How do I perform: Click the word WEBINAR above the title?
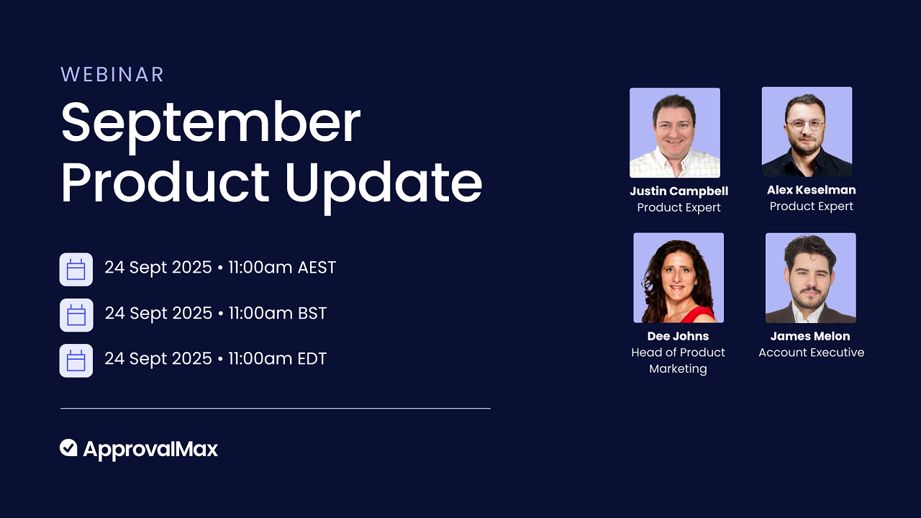(112, 74)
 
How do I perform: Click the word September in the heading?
(210, 123)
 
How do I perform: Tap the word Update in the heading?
(383, 183)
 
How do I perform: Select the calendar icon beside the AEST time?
(76, 270)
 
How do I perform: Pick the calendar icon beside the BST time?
(76, 315)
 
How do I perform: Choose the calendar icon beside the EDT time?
(76, 360)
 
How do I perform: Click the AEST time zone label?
(317, 268)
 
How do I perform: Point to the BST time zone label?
(312, 314)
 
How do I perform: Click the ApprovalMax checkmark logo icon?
(68, 448)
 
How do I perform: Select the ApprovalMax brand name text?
(150, 450)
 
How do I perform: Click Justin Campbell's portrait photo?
(674, 132)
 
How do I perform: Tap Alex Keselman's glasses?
(805, 124)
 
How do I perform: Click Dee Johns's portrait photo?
(678, 278)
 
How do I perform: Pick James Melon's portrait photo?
(810, 278)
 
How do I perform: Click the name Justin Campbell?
(679, 191)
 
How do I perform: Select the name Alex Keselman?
(811, 190)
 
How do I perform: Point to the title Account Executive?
(811, 353)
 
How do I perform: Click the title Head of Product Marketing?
(678, 360)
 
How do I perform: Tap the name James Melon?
(810, 336)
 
